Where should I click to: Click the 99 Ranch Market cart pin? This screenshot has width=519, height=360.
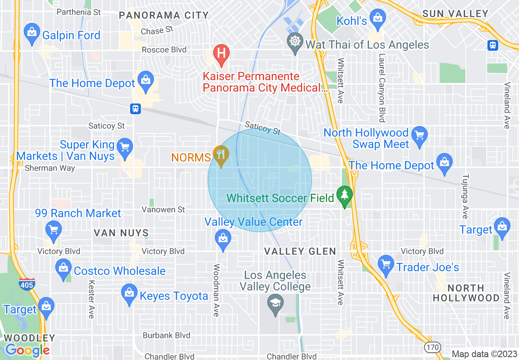[x=54, y=229]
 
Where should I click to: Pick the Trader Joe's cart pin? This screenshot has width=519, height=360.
[x=386, y=264]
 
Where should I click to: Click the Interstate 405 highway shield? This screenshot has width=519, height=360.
[x=27, y=283]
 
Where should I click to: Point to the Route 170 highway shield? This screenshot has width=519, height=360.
[x=432, y=347]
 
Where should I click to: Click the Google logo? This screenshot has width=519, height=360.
[x=27, y=350]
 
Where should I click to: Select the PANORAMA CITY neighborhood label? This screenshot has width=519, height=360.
[x=164, y=16]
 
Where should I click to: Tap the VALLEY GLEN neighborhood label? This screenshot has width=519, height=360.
[x=300, y=251]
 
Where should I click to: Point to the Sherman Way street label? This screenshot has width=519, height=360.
[x=50, y=168]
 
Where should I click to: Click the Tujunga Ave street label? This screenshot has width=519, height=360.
[x=465, y=196]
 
